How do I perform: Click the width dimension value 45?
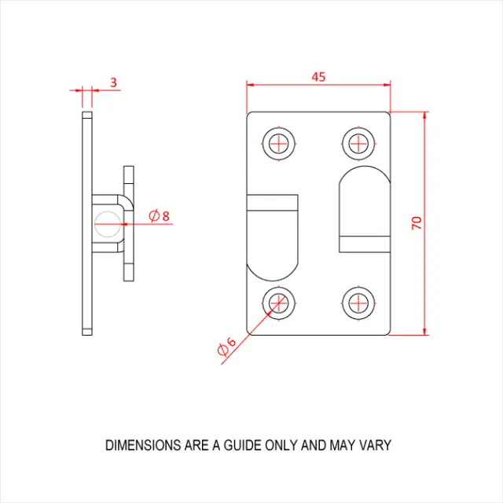[318, 77]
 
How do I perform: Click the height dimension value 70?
[417, 222]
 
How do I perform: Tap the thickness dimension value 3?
[113, 82]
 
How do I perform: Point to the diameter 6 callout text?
[226, 345]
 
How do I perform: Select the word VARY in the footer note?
[374, 446]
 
